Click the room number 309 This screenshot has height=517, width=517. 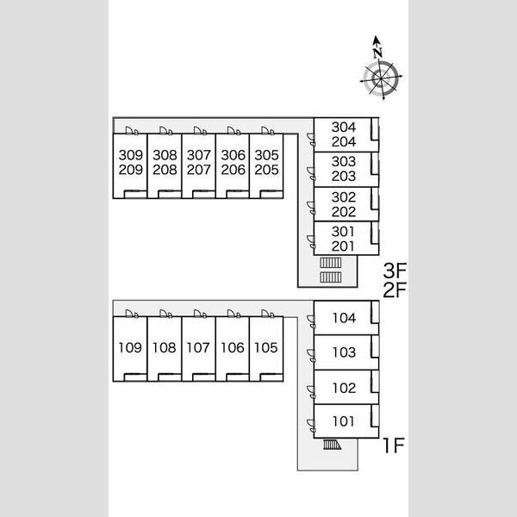(131, 155)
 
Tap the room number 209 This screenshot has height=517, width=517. (131, 170)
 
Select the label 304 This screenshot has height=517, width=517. (344, 128)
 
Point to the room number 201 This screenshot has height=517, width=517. (343, 246)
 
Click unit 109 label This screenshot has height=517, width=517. (130, 347)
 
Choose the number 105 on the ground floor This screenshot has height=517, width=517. (265, 347)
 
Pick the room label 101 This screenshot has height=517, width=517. (343, 421)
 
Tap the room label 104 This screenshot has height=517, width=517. (344, 318)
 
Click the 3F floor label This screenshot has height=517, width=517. (395, 271)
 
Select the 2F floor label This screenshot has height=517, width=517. (395, 290)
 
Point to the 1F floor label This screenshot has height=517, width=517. (394, 445)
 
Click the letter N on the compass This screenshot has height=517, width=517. (378, 53)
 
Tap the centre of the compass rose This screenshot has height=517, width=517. (381, 78)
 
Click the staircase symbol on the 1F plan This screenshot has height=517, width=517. (332, 445)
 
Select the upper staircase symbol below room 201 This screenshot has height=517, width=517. (330, 263)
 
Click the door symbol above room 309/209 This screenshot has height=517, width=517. (132, 131)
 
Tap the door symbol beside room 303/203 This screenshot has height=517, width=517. (311, 174)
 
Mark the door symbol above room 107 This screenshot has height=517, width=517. (200, 314)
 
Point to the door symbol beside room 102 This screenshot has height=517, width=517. (311, 391)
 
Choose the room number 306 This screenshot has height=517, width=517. (234, 155)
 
